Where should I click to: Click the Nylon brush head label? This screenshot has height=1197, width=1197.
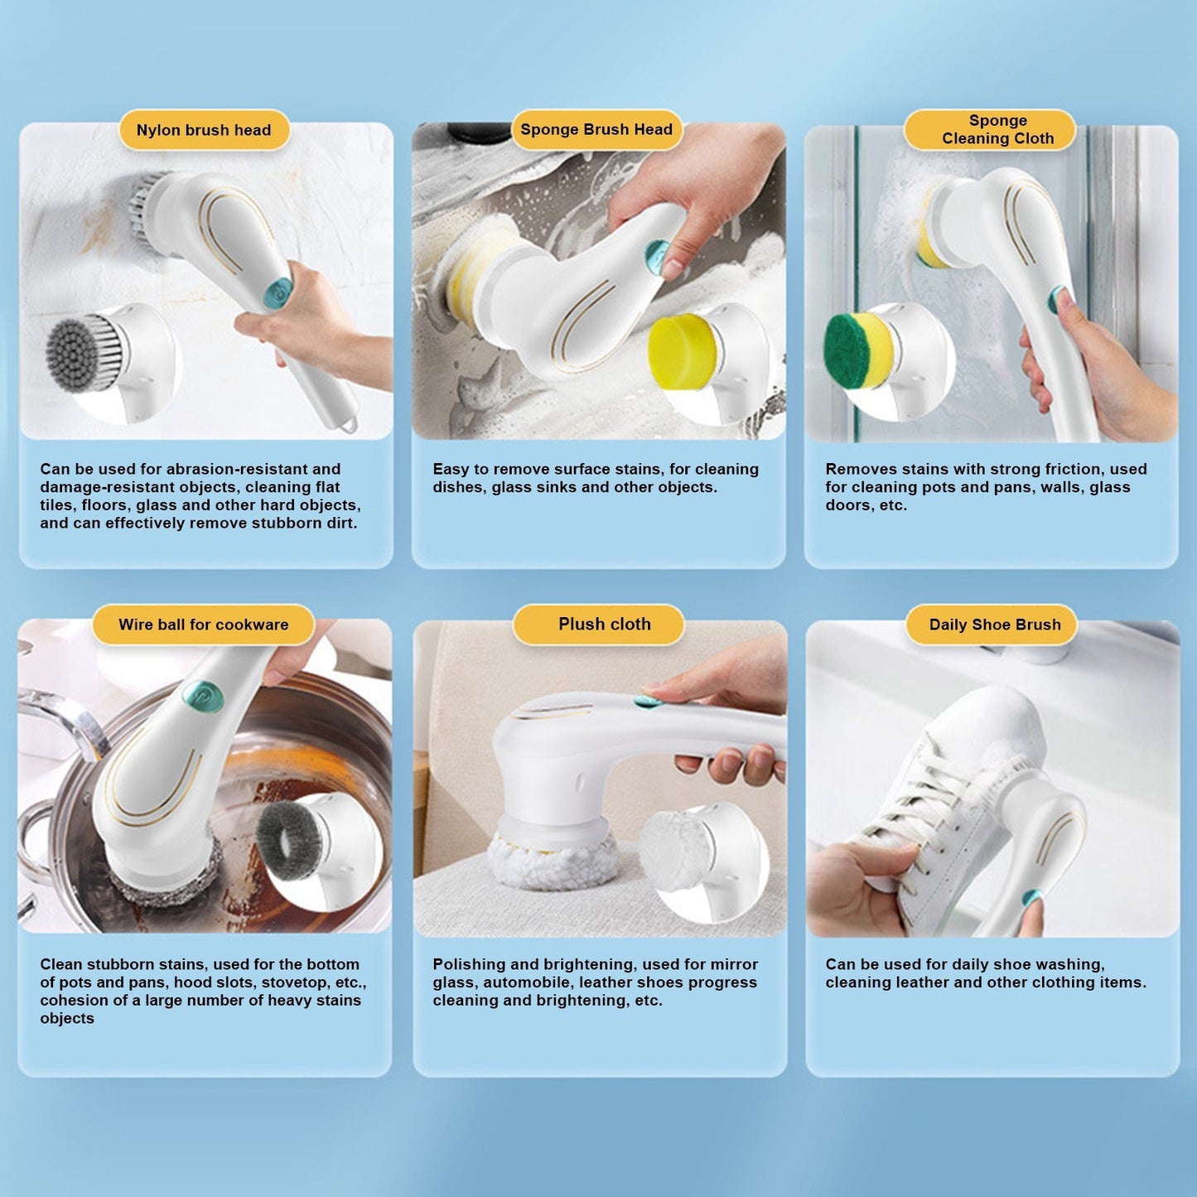click(204, 130)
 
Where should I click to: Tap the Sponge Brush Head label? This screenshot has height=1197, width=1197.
click(596, 129)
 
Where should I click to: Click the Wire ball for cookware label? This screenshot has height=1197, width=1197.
click(204, 625)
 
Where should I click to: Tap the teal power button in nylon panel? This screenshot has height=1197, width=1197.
click(278, 293)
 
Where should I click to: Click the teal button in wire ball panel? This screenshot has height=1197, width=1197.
click(203, 697)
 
